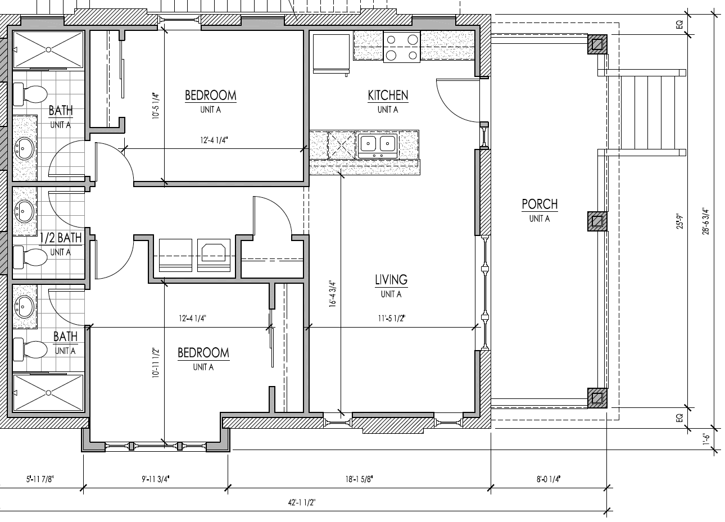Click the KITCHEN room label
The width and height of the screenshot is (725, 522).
click(388, 96)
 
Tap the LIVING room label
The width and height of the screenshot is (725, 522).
click(391, 280)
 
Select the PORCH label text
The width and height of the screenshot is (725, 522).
click(539, 204)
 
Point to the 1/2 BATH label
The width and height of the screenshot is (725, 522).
click(61, 238)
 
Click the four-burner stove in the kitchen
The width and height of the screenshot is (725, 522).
click(401, 47)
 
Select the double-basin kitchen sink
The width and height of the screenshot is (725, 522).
click(377, 144)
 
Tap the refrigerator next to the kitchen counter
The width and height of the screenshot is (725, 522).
click(331, 53)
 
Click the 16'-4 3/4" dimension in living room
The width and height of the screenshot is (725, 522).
click(333, 294)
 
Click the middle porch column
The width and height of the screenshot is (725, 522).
click(597, 221)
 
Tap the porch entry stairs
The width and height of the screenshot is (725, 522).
click(646, 111)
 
